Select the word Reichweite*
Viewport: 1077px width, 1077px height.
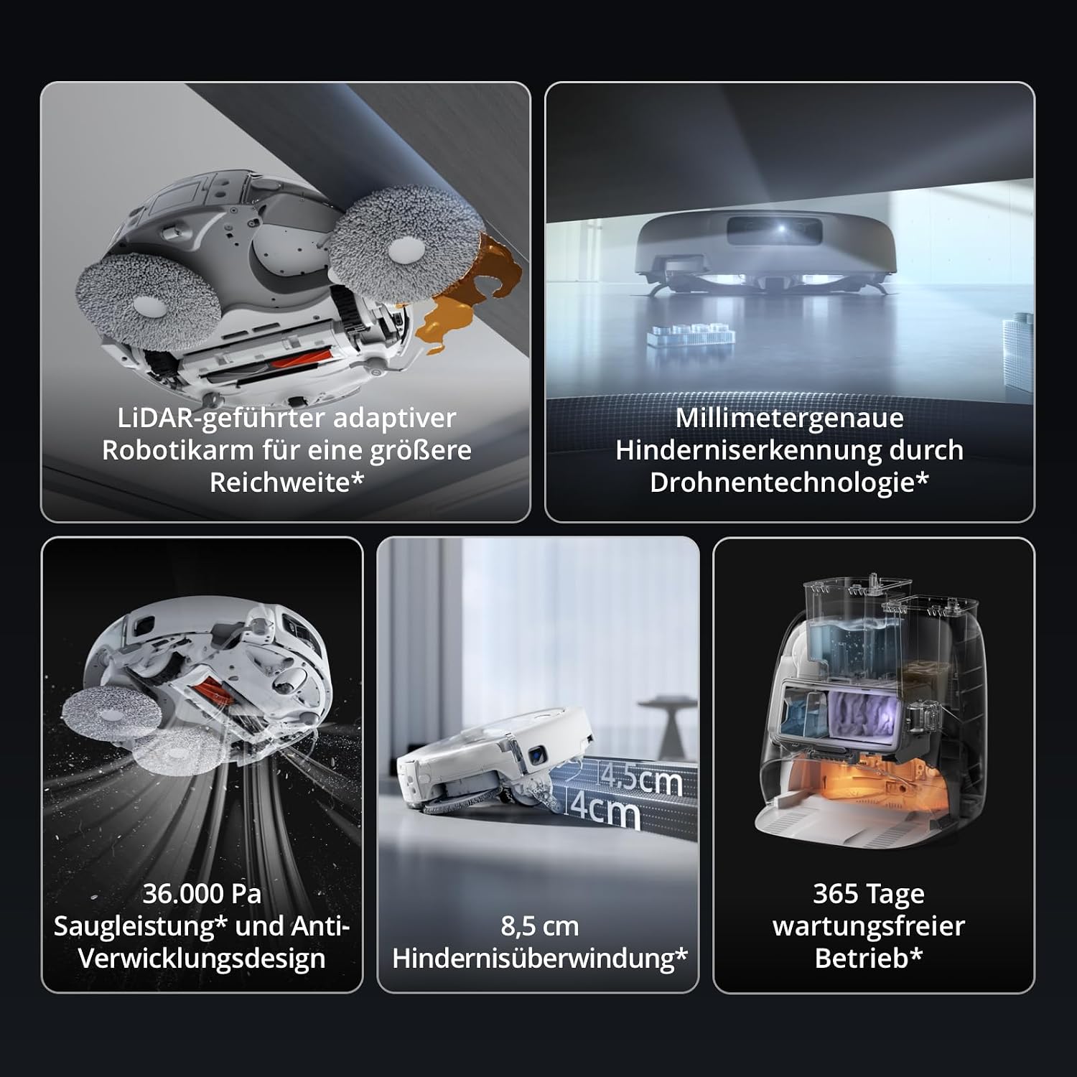pyautogui.click(x=286, y=482)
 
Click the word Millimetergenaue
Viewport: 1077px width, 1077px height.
pyautogui.click(x=789, y=418)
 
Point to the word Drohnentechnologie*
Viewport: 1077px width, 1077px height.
pyautogui.click(x=789, y=482)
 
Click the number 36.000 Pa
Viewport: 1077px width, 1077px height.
pyautogui.click(x=202, y=894)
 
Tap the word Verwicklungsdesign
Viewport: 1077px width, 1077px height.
pyautogui.click(x=202, y=959)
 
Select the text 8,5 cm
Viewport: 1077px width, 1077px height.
pyautogui.click(x=539, y=926)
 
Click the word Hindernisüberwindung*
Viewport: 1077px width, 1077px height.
pyautogui.click(x=539, y=959)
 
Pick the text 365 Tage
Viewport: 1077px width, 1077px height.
pyautogui.click(x=869, y=895)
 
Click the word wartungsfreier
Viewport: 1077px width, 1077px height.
pyautogui.click(x=869, y=926)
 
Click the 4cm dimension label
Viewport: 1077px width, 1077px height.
pyautogui.click(x=605, y=811)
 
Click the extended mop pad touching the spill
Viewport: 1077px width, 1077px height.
pyautogui.click(x=406, y=244)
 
